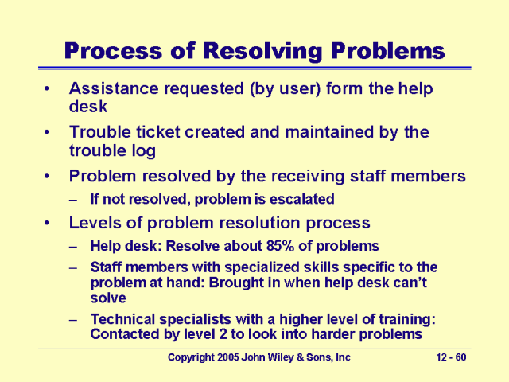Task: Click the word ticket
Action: (160, 132)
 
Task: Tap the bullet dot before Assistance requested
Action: (50, 89)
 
